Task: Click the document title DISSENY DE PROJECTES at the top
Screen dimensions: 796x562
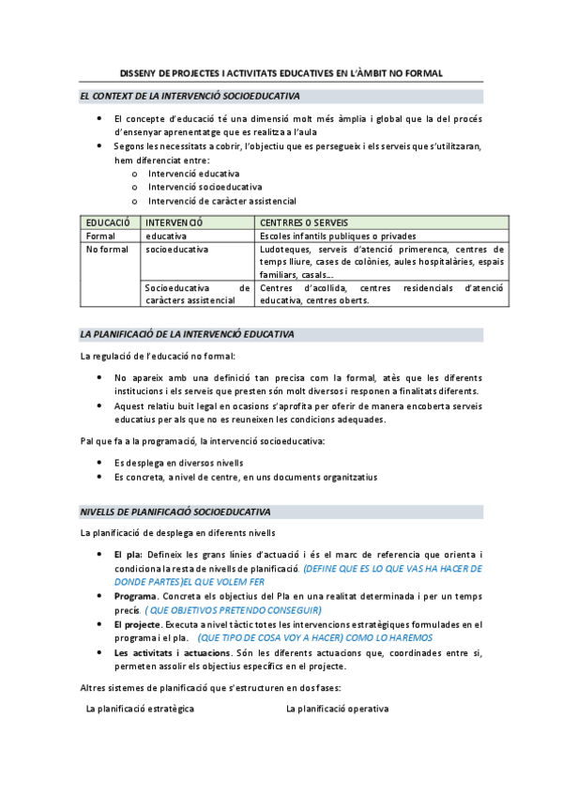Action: click(x=281, y=73)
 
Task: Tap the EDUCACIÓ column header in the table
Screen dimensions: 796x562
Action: click(x=107, y=222)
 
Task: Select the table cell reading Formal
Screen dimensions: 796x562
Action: click(x=99, y=237)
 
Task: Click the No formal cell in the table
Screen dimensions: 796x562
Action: click(x=106, y=250)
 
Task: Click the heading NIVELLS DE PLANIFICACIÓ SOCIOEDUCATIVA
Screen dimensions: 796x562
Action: click(x=175, y=512)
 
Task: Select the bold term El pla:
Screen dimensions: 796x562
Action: click(x=128, y=555)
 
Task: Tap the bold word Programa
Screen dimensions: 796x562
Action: click(x=135, y=596)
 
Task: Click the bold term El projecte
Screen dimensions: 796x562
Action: click(x=136, y=623)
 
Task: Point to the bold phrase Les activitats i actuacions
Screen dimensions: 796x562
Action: click(x=169, y=652)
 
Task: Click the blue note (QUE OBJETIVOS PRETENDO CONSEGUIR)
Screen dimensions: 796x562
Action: click(x=234, y=610)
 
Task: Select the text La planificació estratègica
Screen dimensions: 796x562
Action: click(x=140, y=710)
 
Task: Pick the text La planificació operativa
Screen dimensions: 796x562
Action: click(x=337, y=710)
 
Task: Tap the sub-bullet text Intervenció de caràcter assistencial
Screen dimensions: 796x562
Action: click(x=221, y=200)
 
